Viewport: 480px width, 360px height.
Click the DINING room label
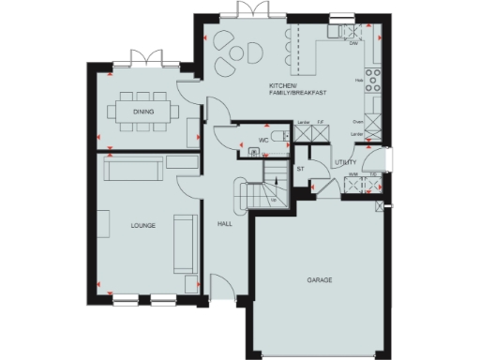142,112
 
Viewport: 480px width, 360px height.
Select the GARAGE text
319,280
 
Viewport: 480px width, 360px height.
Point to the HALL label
225,226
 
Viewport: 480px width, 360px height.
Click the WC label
263,142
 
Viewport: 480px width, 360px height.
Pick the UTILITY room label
345,162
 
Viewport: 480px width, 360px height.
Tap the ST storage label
301,169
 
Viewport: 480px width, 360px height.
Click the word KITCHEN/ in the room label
283,85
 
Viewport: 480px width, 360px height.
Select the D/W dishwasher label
353,43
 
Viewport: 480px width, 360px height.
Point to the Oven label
357,121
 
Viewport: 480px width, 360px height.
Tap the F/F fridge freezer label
320,121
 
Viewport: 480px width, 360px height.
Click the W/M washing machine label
352,174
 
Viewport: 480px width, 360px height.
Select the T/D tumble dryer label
372,174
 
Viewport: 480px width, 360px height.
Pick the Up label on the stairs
273,200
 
